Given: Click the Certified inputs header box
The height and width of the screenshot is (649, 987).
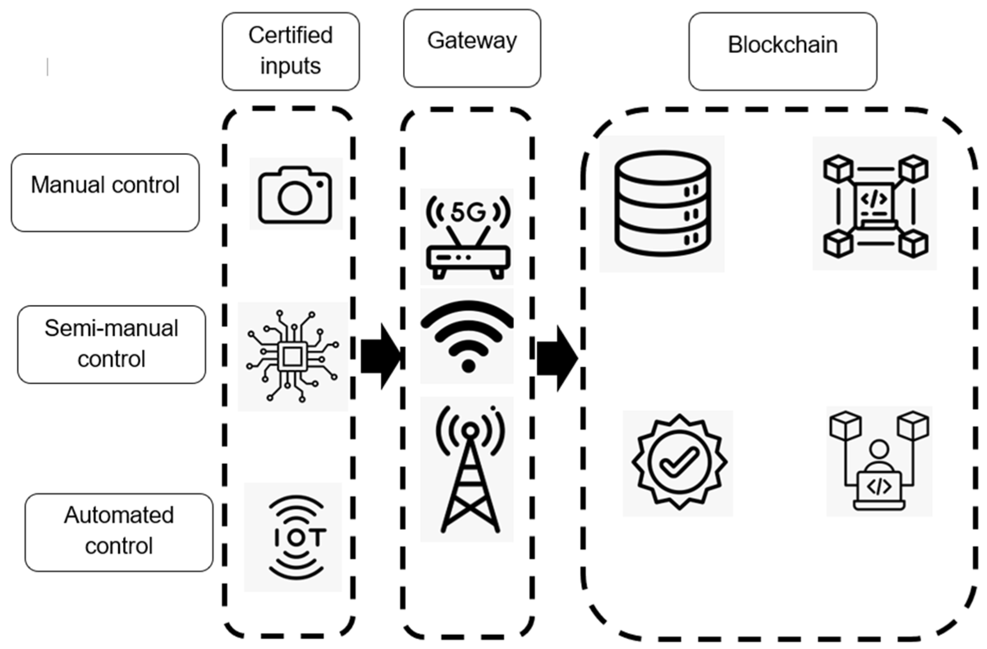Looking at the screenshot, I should click(x=290, y=51).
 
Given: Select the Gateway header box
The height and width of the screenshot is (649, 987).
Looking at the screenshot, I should click(x=472, y=48).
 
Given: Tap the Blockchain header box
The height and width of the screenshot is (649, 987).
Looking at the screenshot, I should click(x=783, y=51).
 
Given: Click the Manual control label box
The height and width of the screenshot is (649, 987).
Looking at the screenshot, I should click(x=105, y=193).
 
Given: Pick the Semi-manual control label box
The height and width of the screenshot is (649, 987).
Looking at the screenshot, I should click(x=111, y=344).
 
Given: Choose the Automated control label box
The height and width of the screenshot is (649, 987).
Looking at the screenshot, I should click(x=119, y=532).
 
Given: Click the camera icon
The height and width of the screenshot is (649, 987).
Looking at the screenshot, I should click(x=295, y=194).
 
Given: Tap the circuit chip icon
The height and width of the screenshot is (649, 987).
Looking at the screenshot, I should click(x=292, y=356).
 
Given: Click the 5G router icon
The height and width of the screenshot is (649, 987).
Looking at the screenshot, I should click(x=467, y=237).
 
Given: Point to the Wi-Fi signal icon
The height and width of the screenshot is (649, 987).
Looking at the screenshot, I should click(x=467, y=336).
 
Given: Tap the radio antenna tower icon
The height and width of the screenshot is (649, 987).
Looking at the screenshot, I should click(x=469, y=469).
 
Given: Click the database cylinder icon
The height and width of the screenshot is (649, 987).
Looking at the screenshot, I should click(x=662, y=203).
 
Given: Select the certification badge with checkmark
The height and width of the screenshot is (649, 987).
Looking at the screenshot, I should click(x=679, y=462).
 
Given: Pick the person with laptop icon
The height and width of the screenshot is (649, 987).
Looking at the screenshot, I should click(x=879, y=461).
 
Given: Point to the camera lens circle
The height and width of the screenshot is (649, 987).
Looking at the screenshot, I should click(x=294, y=198).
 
